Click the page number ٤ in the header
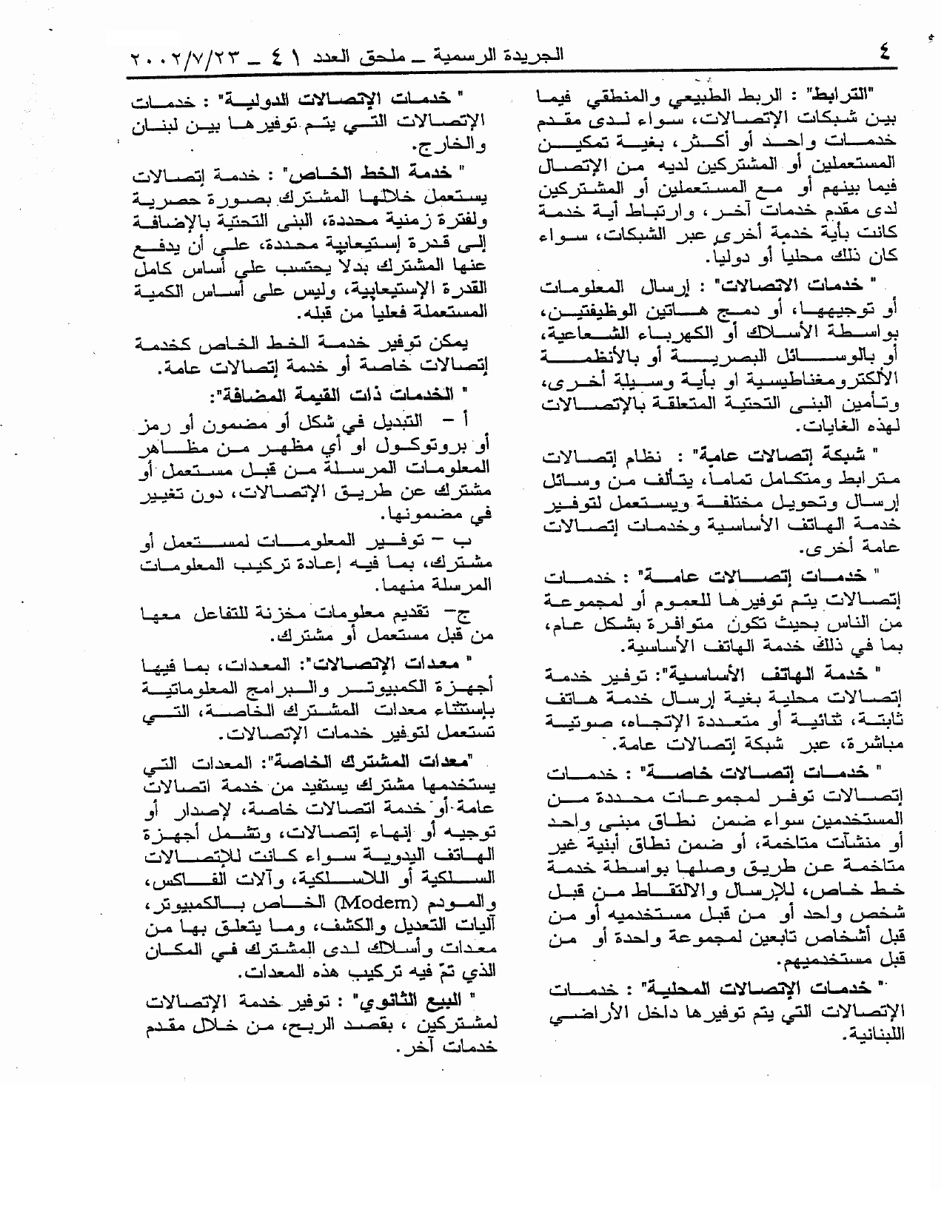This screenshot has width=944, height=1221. pyautogui.click(x=884, y=53)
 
